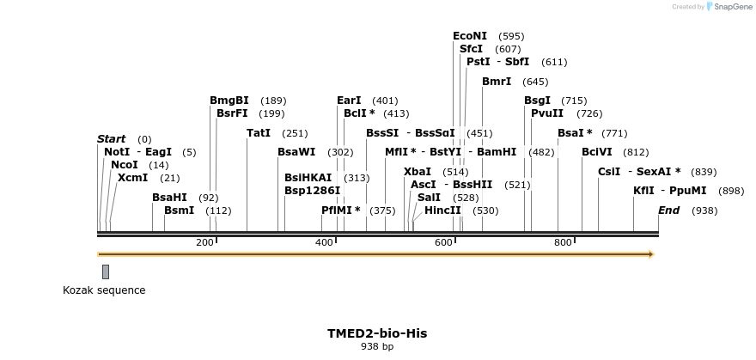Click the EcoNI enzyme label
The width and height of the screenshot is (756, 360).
coord(469,36)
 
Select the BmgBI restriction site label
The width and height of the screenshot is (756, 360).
coord(229,101)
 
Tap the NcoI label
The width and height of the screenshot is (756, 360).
coord(124,165)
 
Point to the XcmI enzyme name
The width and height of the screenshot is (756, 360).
coord(132,178)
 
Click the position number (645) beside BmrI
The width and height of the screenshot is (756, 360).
coord(534,82)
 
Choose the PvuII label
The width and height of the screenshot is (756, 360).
coord(546,113)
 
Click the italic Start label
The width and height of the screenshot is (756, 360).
coord(111,139)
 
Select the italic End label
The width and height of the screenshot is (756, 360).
coord(668,211)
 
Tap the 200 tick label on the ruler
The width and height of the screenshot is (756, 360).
coord(204,243)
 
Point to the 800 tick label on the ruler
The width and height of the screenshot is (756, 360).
coord(563,243)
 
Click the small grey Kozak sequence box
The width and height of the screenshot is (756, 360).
coord(106,272)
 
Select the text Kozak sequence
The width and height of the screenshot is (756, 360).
coord(104,290)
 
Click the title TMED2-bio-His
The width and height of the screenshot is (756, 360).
coord(376,333)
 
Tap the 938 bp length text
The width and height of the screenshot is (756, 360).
coord(376,347)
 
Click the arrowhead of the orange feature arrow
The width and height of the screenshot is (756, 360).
coord(650,254)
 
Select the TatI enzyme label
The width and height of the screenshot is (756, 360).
coord(258,133)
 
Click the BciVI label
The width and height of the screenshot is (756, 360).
coord(596,152)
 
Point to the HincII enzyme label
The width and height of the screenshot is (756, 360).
coord(442,211)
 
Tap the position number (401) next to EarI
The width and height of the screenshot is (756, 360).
coord(385,101)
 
